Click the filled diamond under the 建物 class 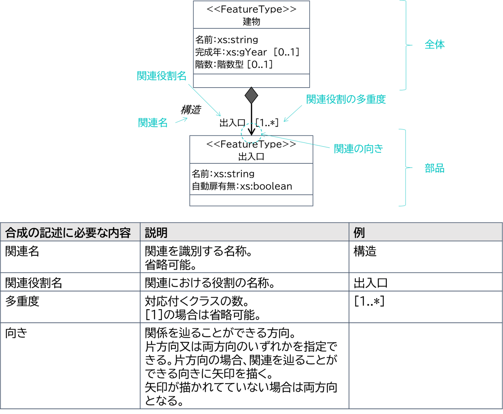pyautogui.click(x=251, y=95)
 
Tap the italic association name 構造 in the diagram pyautogui.click(x=191, y=110)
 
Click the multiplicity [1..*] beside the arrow pyautogui.click(x=267, y=123)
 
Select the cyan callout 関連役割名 pyautogui.click(x=162, y=76)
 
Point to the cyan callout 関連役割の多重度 pyautogui.click(x=346, y=99)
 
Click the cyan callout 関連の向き pyautogui.click(x=358, y=149)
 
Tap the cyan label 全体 pyautogui.click(x=434, y=45)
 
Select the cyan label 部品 pyautogui.click(x=434, y=168)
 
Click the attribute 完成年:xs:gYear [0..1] pyautogui.click(x=247, y=52)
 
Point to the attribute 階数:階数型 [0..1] pyautogui.click(x=234, y=64)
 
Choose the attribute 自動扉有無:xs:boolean pyautogui.click(x=242, y=186)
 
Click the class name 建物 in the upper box pyautogui.click(x=251, y=22)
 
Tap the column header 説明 pyautogui.click(x=156, y=233)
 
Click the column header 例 pyautogui.click(x=359, y=233)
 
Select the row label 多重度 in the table pyautogui.click(x=22, y=301)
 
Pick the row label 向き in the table pyautogui.click(x=16, y=333)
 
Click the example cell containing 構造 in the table pyautogui.click(x=365, y=251)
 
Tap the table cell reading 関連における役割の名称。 pyautogui.click(x=210, y=283)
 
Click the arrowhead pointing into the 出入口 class pyautogui.click(x=251, y=131)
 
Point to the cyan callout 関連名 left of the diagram pyautogui.click(x=153, y=123)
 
